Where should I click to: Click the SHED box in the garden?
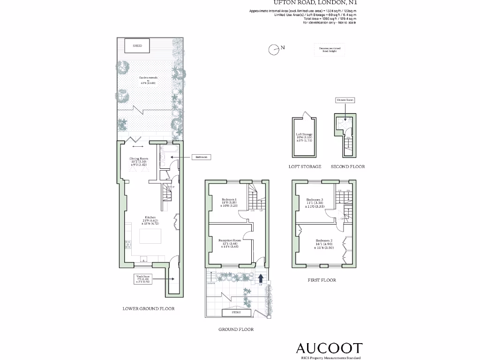(x=137, y=46)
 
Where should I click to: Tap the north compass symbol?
(x=274, y=49)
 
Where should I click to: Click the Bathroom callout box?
(x=201, y=157)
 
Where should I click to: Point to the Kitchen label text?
(x=150, y=220)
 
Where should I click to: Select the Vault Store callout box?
(x=143, y=279)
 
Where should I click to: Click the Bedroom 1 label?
(x=229, y=202)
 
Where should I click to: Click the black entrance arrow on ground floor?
(x=261, y=278)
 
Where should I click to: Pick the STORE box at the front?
(x=237, y=312)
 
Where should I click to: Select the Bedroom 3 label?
(x=315, y=201)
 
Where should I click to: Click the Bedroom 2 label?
(x=324, y=244)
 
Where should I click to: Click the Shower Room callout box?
(x=345, y=100)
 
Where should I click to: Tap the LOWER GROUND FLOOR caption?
(x=148, y=309)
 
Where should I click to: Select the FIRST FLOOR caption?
(x=321, y=280)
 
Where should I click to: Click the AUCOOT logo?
(x=329, y=348)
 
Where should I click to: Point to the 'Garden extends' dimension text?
(x=148, y=80)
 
